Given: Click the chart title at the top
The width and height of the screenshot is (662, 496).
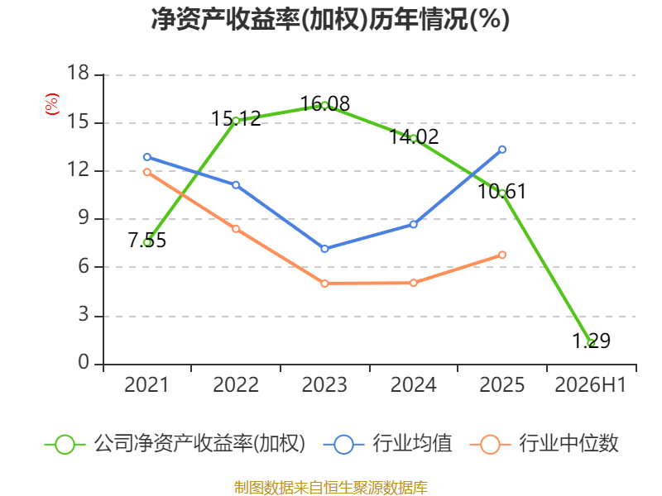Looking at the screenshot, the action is [x=330, y=19].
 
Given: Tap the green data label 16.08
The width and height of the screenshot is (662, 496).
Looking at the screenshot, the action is [x=324, y=103].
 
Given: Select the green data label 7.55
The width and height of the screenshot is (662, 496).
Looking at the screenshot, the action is [x=147, y=241].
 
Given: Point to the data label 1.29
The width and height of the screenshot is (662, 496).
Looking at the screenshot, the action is [x=591, y=341].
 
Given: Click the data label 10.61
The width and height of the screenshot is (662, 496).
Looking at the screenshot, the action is [x=502, y=192].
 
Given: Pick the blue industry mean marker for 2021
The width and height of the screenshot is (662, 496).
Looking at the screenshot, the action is [x=147, y=157].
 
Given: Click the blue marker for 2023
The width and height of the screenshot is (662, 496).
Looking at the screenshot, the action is [x=324, y=249].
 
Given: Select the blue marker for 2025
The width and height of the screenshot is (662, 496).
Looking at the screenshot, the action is [x=502, y=150].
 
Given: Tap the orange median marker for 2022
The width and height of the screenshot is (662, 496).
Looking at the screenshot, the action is [x=236, y=229].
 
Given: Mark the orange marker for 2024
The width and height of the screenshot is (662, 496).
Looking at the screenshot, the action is [x=413, y=283].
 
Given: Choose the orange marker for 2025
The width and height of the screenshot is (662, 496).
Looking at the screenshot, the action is [x=502, y=255].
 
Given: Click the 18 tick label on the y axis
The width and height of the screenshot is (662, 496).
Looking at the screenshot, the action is [x=78, y=73].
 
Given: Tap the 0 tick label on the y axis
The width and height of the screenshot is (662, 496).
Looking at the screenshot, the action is [x=84, y=362].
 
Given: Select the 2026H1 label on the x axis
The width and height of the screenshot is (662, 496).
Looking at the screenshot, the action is [x=590, y=385].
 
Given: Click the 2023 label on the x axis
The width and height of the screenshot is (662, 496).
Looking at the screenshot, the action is [x=324, y=385].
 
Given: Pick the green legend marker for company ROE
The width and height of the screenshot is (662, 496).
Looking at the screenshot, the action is [x=65, y=445].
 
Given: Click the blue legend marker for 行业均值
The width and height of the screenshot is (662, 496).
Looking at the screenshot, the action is [x=343, y=445].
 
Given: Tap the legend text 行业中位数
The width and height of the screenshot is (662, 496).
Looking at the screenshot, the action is [x=568, y=444].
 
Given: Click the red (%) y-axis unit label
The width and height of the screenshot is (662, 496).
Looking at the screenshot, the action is [x=52, y=104].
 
